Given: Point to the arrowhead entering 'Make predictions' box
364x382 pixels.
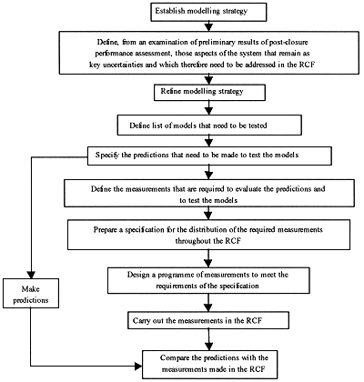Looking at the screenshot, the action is tap(31, 275).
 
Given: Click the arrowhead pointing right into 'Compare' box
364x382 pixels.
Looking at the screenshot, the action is tap(138, 366).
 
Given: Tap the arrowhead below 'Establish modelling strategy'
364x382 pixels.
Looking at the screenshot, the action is tap(208, 26).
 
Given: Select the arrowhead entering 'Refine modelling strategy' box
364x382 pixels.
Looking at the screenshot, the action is tap(208, 80).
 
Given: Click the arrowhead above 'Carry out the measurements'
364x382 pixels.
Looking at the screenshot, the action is tap(208, 307).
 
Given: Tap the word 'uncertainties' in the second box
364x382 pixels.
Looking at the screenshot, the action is tap(120, 65).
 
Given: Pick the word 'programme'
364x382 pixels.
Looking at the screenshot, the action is tap(177, 275).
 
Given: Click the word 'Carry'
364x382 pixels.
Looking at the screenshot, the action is tap(142, 321).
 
